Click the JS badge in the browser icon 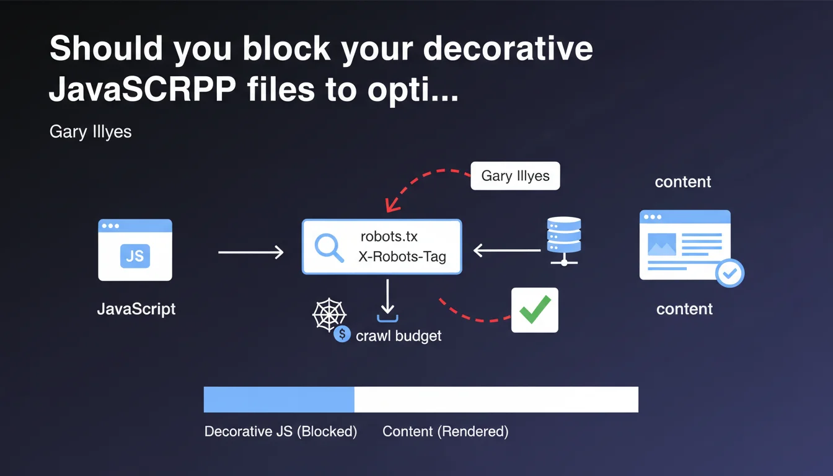(x=134, y=255)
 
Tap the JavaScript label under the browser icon (x=136, y=309)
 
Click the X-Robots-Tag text (x=402, y=257)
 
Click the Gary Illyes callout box (x=515, y=176)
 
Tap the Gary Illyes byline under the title (x=90, y=131)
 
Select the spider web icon (x=328, y=315)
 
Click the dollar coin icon (x=342, y=335)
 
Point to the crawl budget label (x=399, y=336)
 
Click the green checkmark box (x=534, y=310)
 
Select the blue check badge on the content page (x=729, y=273)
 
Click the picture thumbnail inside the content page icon (x=661, y=244)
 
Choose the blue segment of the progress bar (x=279, y=399)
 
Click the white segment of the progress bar (x=496, y=399)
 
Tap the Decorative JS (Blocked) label (x=281, y=431)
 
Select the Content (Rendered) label (x=445, y=431)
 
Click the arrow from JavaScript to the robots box (x=250, y=252)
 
